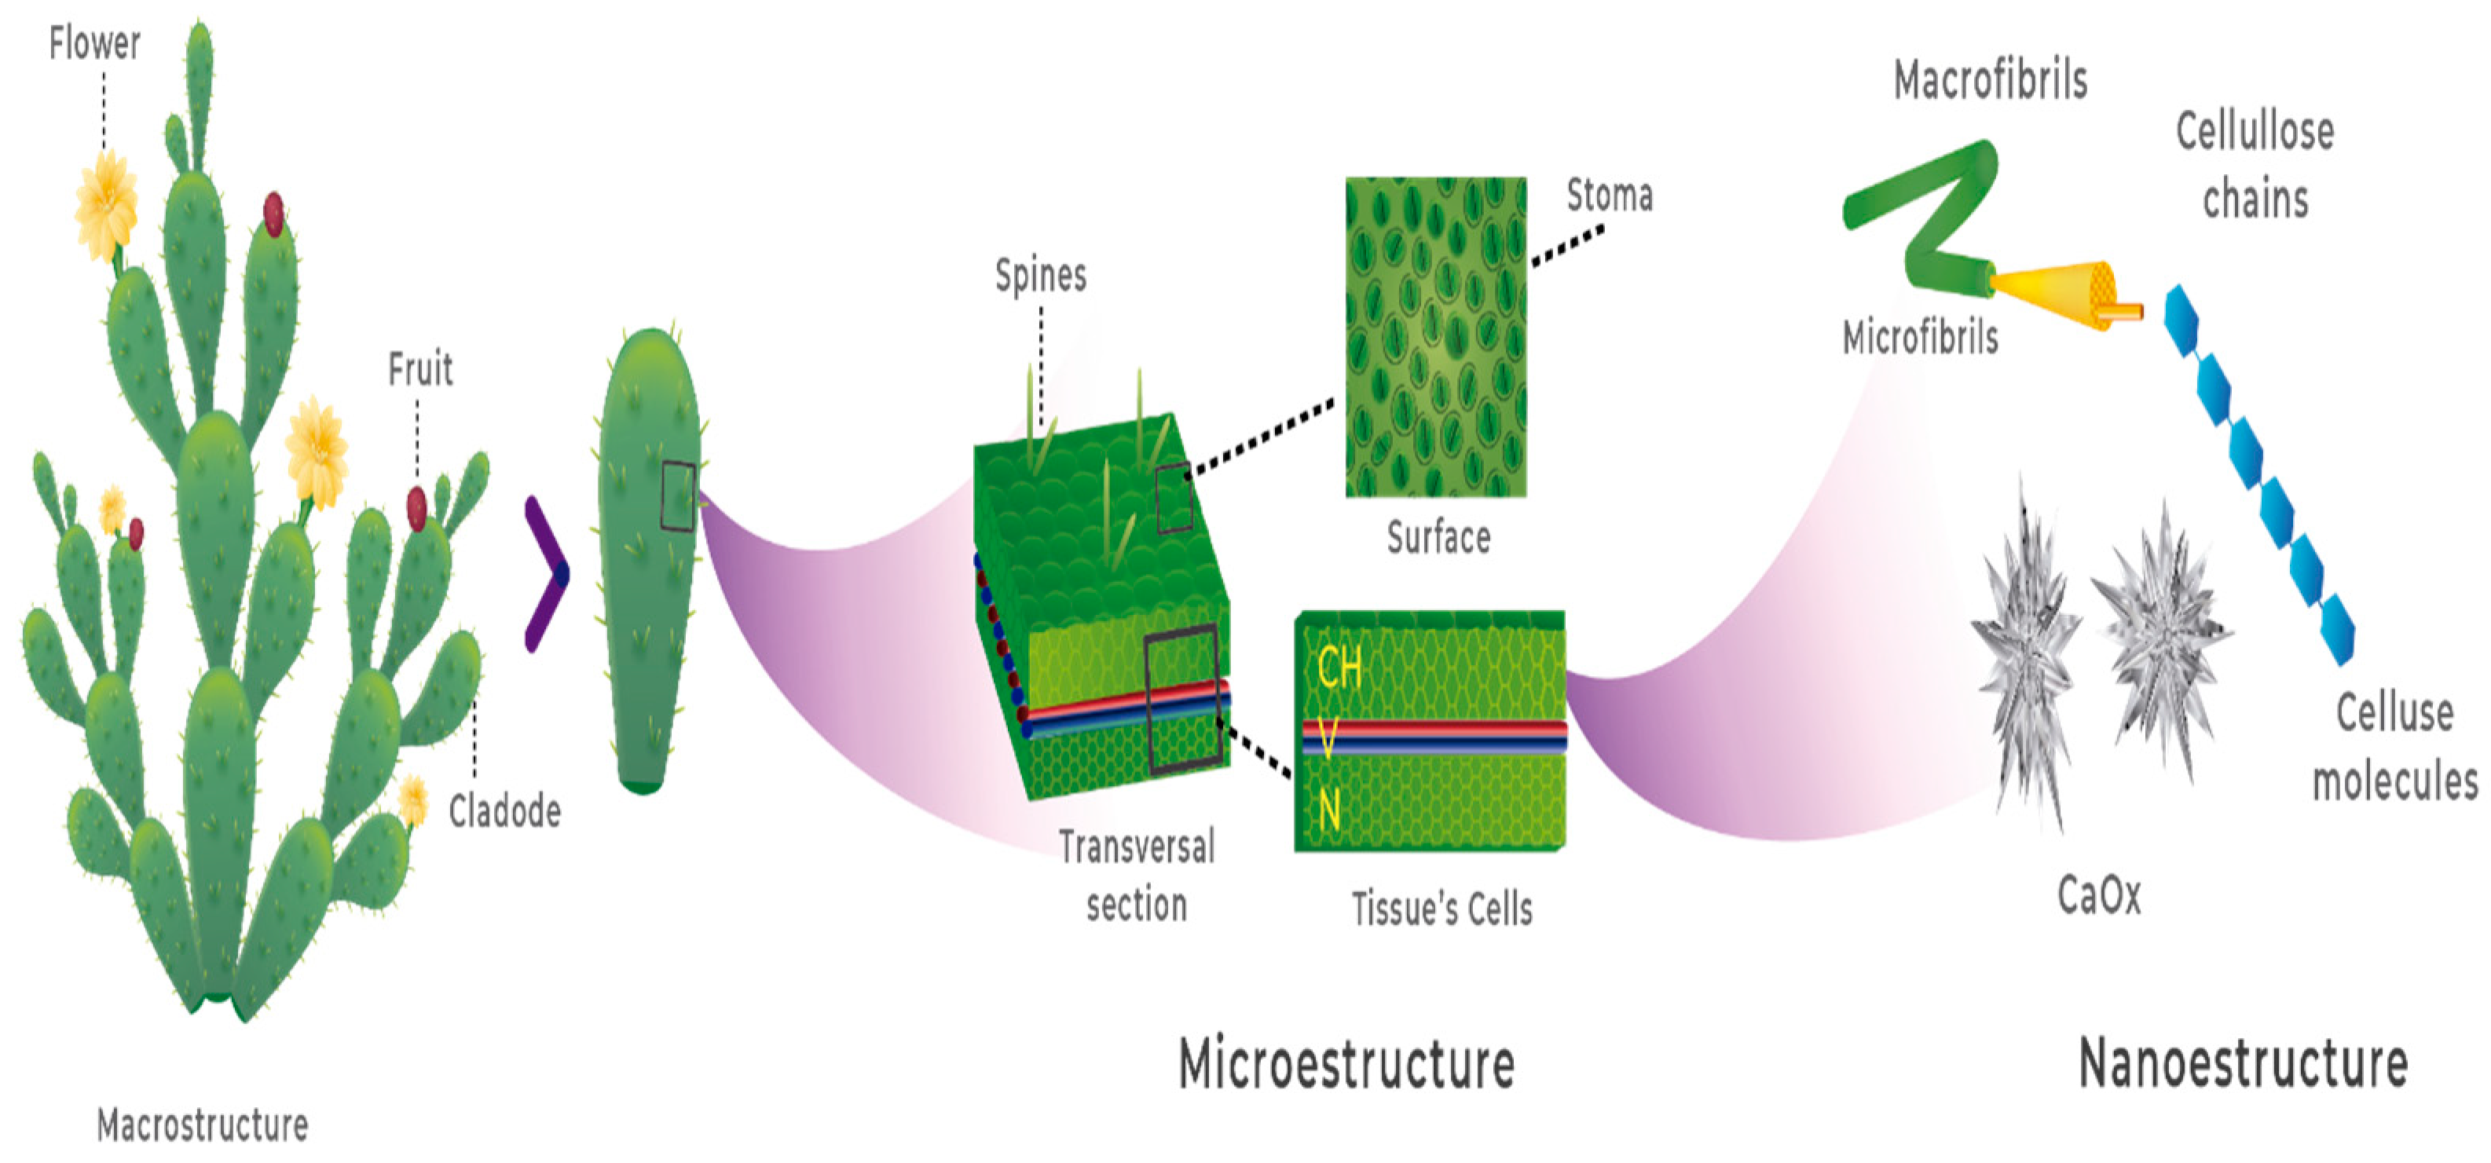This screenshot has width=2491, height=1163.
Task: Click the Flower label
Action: coord(95,43)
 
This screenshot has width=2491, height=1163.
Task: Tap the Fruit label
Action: coord(419,369)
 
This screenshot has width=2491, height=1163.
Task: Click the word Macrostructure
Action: coord(203,1125)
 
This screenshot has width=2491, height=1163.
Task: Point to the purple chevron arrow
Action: coord(547,574)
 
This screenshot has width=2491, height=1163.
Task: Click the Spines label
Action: coord(1041,276)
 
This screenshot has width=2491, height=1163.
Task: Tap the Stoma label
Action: coord(1609,196)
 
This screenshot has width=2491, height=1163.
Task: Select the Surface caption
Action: coord(1438,537)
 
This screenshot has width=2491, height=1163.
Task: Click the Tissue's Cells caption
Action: coord(1441,909)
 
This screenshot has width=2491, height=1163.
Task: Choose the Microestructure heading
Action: coord(1346,1063)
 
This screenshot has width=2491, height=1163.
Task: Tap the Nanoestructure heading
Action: coord(2243,1063)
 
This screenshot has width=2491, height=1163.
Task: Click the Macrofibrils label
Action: coord(1990,80)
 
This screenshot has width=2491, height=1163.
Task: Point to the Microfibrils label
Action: coord(1919,338)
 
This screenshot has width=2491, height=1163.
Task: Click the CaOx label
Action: coord(2098,895)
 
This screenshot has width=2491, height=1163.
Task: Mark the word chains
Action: coord(2255,200)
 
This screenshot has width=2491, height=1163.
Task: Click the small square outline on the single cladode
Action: coord(678,497)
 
